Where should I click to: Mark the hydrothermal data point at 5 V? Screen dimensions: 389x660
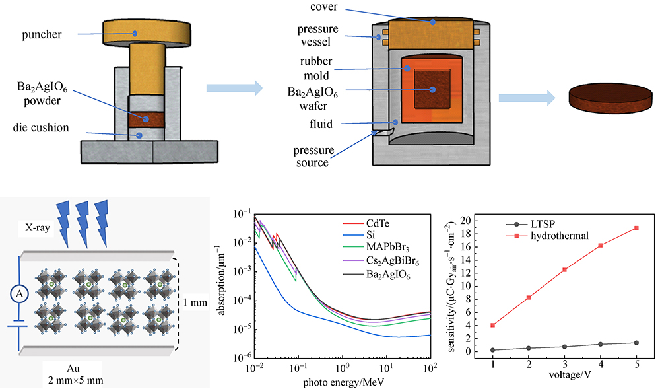tap(636, 228)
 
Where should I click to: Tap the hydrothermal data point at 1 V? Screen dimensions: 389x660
tap(493, 325)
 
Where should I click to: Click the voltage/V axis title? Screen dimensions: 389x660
tap(564, 374)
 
